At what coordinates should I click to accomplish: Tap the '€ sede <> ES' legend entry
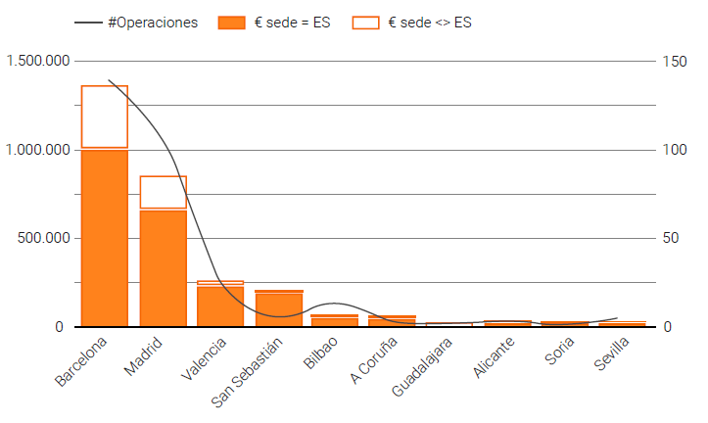(x=411, y=22)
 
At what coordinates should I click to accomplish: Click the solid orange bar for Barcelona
(x=105, y=237)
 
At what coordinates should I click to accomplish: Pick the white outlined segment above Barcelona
(x=105, y=117)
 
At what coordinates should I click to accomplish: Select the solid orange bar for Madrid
(x=163, y=267)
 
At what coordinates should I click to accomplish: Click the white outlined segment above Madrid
(x=163, y=192)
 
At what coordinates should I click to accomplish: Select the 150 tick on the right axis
(x=674, y=61)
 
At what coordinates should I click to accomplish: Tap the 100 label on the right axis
(x=674, y=150)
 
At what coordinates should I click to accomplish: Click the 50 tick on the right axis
(x=671, y=238)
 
